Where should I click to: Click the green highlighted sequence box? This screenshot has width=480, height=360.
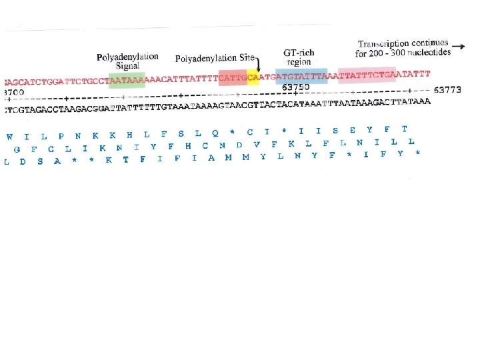click(127, 79)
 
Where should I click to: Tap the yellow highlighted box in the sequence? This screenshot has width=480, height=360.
click(253, 77)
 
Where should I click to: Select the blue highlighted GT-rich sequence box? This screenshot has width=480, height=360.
click(301, 76)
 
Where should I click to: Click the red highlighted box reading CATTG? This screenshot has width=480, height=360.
click(233, 77)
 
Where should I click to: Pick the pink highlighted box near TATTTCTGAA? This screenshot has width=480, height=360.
click(367, 75)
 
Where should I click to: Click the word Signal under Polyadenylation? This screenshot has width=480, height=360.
click(127, 65)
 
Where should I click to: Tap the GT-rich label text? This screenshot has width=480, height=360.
click(299, 53)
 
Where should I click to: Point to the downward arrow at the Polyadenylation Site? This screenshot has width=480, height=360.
click(259, 64)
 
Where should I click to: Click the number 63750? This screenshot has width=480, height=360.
click(296, 87)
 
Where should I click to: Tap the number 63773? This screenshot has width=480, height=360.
click(447, 89)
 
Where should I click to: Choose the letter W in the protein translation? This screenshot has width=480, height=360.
click(9, 137)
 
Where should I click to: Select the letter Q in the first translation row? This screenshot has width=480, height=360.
click(215, 133)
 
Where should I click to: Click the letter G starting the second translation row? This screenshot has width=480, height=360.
click(16, 149)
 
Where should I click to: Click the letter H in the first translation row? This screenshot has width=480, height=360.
click(129, 135)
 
